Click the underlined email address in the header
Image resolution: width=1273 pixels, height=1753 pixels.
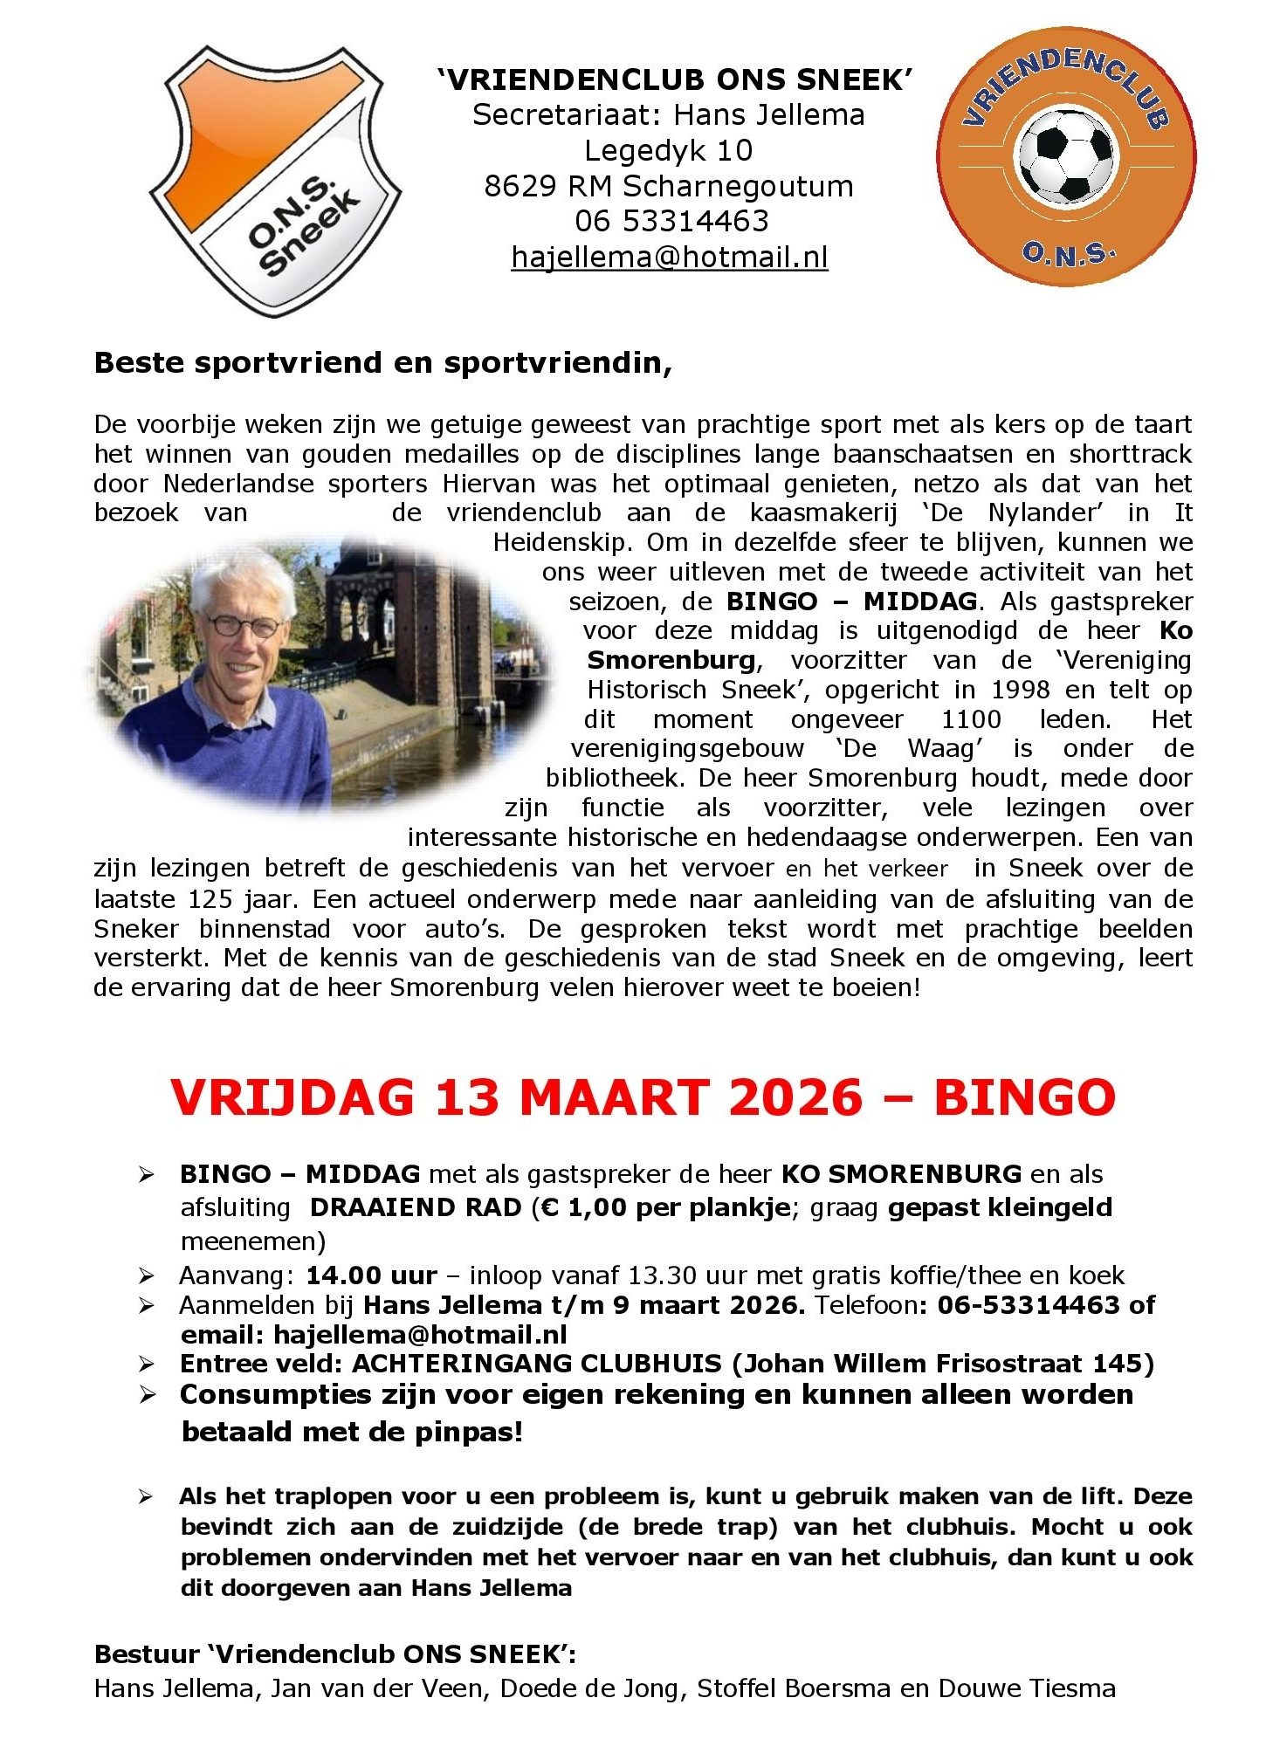669,258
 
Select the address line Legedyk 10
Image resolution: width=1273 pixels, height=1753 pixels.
668,150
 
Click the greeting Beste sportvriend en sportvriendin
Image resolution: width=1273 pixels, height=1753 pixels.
382,362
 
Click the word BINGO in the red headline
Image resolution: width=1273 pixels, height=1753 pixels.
1024,1098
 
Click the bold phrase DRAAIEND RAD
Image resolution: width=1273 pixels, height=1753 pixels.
416,1207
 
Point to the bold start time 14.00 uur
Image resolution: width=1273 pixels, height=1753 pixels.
371,1275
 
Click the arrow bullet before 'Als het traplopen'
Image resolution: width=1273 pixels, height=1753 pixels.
146,1497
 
